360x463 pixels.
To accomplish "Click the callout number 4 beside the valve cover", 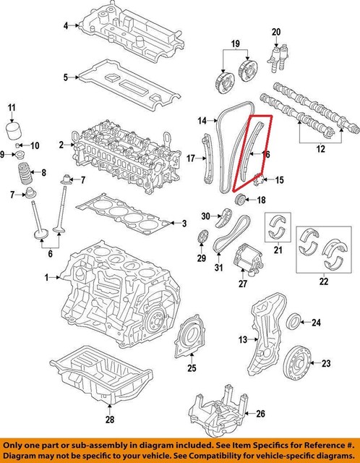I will click(65, 26).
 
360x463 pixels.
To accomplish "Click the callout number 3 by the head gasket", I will click(184, 222).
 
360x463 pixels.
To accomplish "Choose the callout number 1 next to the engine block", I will click(46, 277).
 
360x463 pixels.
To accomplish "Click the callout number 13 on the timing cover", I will click(243, 339).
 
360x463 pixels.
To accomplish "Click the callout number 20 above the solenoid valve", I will click(276, 32).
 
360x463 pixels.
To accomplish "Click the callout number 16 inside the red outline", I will click(265, 154).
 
